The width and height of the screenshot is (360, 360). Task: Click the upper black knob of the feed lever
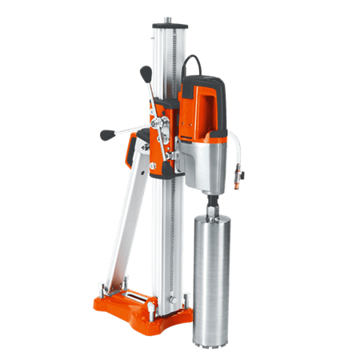pos(146,74)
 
